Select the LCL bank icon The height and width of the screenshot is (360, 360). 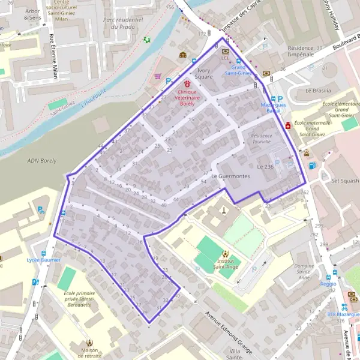pyautogui.click(x=224, y=52)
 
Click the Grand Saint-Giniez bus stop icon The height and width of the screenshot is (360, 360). pyautogui.click(x=239, y=61)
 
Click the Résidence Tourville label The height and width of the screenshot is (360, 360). pyautogui.click(x=262, y=139)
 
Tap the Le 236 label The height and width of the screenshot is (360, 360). pyautogui.click(x=265, y=166)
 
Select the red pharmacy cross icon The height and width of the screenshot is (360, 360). pyautogui.click(x=289, y=126)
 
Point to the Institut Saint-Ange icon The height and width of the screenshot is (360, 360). pyautogui.click(x=226, y=254)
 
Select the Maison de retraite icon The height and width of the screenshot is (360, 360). pyautogui.click(x=89, y=343)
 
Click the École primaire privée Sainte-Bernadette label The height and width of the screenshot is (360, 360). pyautogui.click(x=77, y=298)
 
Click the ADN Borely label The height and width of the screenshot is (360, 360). pyautogui.click(x=41, y=161)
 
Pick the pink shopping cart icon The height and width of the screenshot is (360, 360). pyautogui.click(x=157, y=76)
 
